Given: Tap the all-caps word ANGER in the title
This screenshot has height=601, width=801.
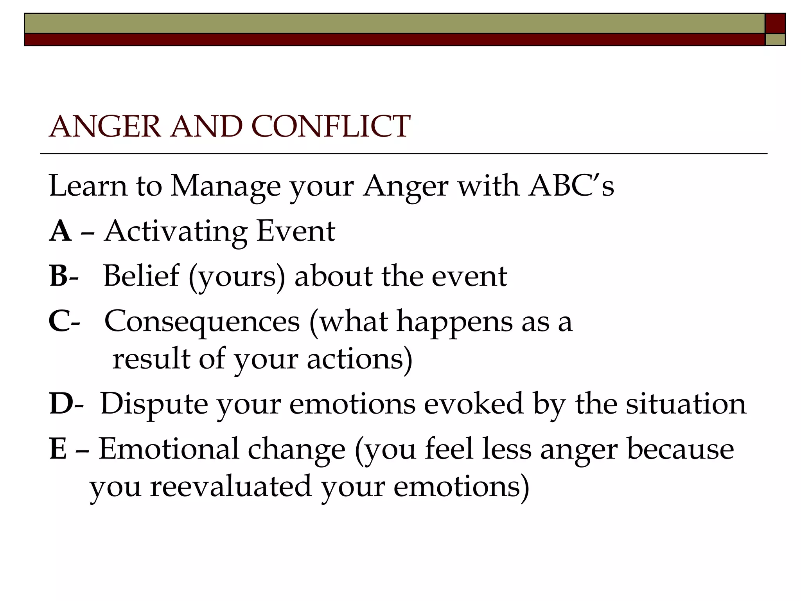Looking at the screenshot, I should coord(105,127).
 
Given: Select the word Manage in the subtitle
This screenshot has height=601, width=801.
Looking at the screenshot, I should coord(225,186).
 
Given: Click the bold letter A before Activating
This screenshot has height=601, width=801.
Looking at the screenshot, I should coord(60,231).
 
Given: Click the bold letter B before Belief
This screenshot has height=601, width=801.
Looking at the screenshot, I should coord(59,276).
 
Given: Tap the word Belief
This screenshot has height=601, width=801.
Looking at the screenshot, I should coord(141,276).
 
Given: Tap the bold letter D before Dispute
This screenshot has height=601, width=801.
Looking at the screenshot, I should coord(61,404).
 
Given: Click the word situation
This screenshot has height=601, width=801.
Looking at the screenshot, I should coord(686,404).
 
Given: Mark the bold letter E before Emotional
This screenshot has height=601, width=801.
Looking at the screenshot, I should coord(58,449).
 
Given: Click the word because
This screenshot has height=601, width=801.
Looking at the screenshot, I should coord(680,449).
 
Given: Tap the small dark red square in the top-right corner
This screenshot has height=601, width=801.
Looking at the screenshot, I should coord(775,23).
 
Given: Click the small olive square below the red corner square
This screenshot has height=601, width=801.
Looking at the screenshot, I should coord(775,40).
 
